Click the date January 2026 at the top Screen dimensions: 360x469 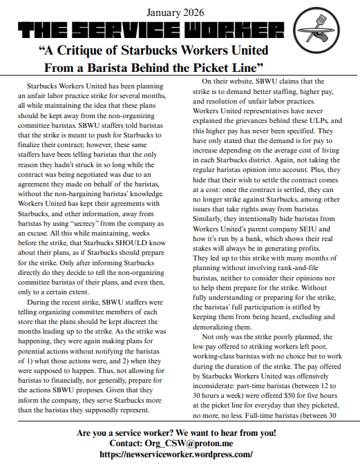180,12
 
